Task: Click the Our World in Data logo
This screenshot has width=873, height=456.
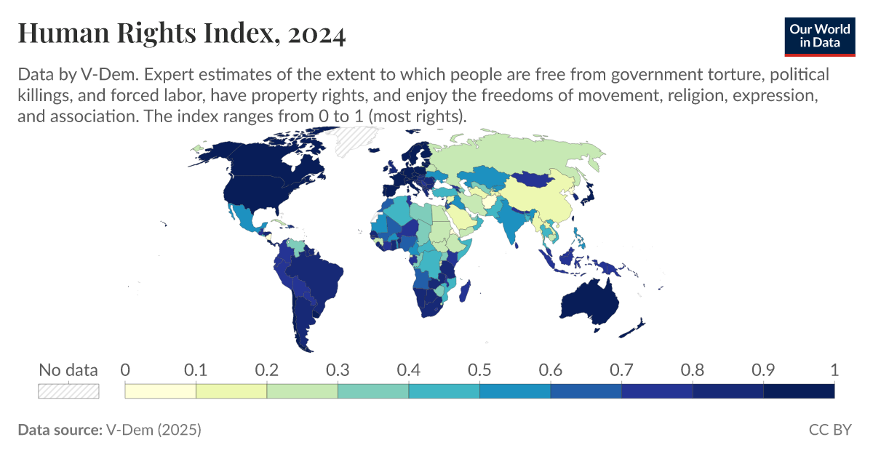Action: point(819,36)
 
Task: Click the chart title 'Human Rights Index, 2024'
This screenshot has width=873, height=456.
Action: point(181,33)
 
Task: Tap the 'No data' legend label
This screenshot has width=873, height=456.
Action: point(68,370)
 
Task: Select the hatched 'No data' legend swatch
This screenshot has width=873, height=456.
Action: point(68,391)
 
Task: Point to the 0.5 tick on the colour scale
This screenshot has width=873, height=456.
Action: point(479,370)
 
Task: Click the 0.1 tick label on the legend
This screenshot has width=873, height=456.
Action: point(196,370)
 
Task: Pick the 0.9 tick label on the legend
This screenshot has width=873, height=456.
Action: point(763,370)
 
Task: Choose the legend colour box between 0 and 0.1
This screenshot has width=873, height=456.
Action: point(161,391)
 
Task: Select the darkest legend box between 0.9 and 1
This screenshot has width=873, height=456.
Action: point(799,391)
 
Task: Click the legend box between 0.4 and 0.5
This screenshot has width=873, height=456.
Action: point(444,391)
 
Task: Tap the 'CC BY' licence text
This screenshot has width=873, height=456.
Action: point(829,430)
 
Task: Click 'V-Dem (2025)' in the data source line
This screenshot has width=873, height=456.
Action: point(154,430)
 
